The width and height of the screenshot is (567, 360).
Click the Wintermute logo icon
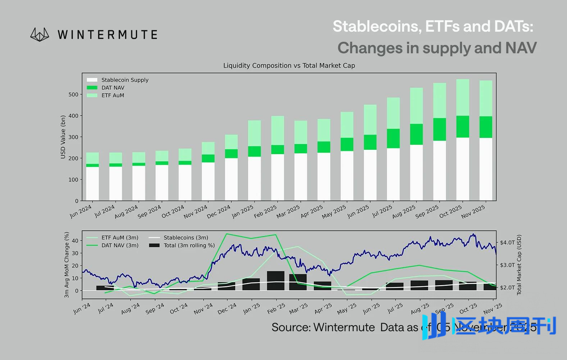40,35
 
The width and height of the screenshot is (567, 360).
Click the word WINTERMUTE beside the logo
107,35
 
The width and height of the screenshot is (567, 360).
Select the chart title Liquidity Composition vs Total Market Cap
289,66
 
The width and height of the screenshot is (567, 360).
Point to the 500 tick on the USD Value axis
73,95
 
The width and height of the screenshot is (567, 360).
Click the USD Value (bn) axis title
63,137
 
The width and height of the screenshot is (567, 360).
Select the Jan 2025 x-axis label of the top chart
243,211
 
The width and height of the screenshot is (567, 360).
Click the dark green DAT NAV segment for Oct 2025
463,126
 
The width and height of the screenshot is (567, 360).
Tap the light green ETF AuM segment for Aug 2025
416,106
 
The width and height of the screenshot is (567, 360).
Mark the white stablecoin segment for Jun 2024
92,184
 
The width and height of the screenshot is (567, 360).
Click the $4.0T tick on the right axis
507,242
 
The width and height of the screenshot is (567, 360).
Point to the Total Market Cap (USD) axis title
519,265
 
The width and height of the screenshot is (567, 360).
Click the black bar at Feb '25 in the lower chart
276,280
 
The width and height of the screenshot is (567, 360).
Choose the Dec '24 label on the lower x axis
227,309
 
